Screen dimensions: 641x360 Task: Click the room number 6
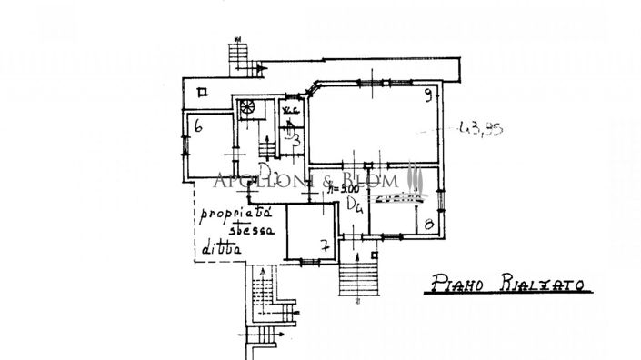pyautogui.click(x=196, y=127)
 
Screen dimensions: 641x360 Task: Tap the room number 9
pyautogui.click(x=426, y=95)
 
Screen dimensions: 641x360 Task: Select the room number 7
pyautogui.click(x=325, y=245)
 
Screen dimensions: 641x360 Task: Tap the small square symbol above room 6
pyautogui.click(x=202, y=89)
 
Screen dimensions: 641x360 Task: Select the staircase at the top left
pyautogui.click(x=238, y=56)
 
